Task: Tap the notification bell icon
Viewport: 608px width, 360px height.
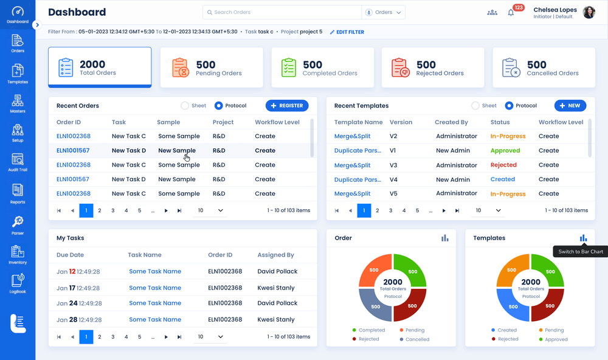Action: pos(511,12)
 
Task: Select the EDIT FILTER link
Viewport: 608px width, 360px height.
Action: pos(347,32)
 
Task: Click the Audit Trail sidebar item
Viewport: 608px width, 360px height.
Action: pos(18,163)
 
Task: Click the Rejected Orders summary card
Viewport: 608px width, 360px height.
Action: pos(432,67)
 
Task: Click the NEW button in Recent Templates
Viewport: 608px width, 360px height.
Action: pos(570,106)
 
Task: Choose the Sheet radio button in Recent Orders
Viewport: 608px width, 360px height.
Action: pos(185,106)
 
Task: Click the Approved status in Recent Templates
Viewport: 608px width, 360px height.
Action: pos(505,151)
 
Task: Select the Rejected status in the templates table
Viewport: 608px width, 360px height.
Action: pos(503,165)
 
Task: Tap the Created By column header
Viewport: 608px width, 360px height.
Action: pos(451,122)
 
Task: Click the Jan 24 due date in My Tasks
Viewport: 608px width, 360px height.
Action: pos(78,303)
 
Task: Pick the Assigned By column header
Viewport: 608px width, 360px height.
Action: pos(275,255)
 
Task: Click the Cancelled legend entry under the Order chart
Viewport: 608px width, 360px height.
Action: pos(414,339)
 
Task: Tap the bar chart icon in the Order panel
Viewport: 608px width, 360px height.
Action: pos(445,238)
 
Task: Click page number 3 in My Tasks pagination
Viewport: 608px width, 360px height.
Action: pos(113,337)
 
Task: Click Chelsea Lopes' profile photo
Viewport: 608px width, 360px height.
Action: pos(589,12)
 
